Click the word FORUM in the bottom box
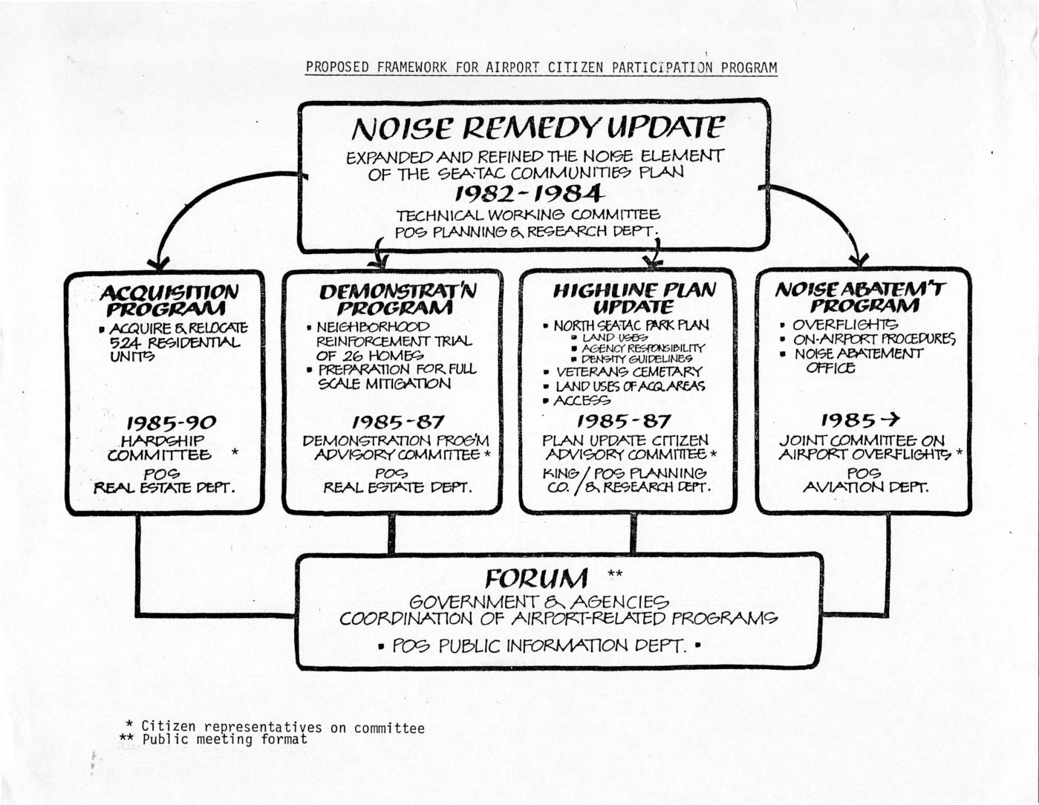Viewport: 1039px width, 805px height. pyautogui.click(x=536, y=578)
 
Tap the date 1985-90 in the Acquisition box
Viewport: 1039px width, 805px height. pyautogui.click(x=171, y=423)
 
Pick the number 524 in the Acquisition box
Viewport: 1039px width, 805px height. pyautogui.click(x=125, y=342)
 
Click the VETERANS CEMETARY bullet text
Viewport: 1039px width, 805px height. pyautogui.click(x=628, y=371)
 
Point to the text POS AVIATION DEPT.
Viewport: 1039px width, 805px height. pyautogui.click(x=864, y=480)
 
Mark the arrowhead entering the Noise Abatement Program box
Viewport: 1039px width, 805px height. pyautogui.click(x=859, y=261)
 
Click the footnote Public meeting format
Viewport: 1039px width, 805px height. pyautogui.click(x=224, y=740)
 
